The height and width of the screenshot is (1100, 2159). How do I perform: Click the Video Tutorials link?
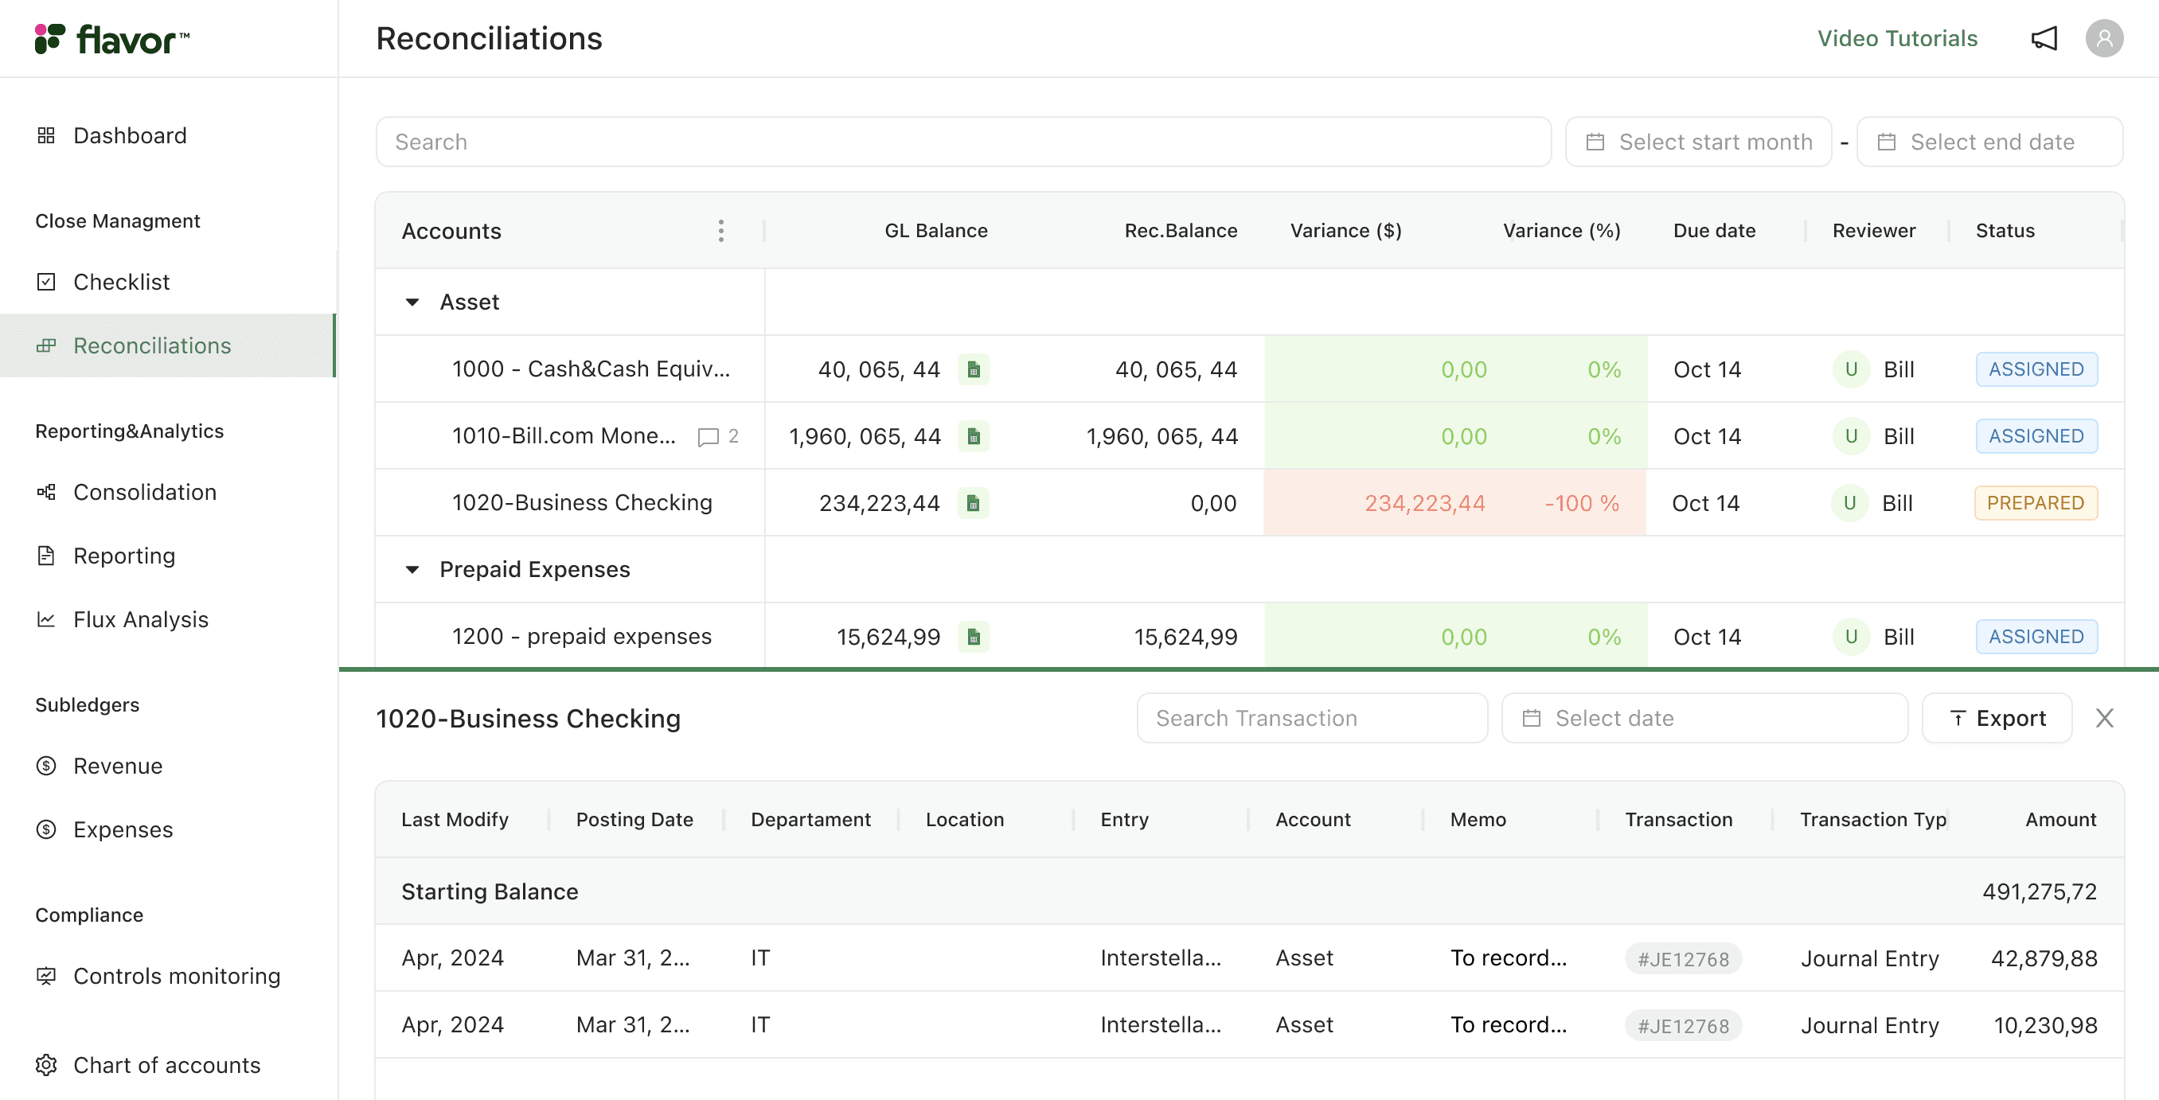pyautogui.click(x=1896, y=38)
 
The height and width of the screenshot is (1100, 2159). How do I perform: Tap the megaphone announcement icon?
pyautogui.click(x=2044, y=38)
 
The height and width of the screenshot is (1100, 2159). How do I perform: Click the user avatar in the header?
pyautogui.click(x=2104, y=38)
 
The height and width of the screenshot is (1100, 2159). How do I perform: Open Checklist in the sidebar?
pyautogui.click(x=122, y=282)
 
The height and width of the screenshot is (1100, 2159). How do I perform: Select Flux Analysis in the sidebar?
pyautogui.click(x=141, y=619)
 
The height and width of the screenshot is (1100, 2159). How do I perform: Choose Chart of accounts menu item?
pyautogui.click(x=167, y=1065)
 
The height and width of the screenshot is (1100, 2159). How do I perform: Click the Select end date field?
pyautogui.click(x=1989, y=142)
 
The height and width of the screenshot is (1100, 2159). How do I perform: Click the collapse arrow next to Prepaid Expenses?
pyautogui.click(x=412, y=570)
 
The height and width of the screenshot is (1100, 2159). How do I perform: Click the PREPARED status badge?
pyautogui.click(x=2035, y=503)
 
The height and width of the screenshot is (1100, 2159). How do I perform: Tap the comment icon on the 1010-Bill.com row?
pyautogui.click(x=709, y=436)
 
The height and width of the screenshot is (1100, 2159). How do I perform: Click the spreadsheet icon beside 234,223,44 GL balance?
pyautogui.click(x=973, y=503)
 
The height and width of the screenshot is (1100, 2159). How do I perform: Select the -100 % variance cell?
pyautogui.click(x=1582, y=503)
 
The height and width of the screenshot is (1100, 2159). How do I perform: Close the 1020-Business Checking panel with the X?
pyautogui.click(x=2104, y=718)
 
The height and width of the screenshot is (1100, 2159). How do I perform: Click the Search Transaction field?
pyautogui.click(x=1312, y=718)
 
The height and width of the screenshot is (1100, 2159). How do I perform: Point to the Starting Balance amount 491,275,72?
pyautogui.click(x=2039, y=891)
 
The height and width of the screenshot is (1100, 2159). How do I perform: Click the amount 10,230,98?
pyautogui.click(x=2045, y=1024)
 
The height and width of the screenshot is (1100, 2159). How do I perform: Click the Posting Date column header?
pyautogui.click(x=634, y=819)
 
